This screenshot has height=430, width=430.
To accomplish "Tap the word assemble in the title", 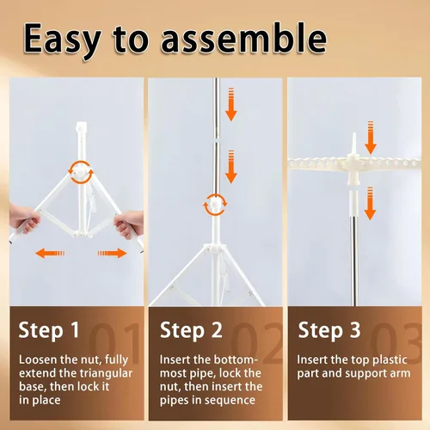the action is [244, 39].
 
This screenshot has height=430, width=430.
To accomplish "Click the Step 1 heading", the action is [49, 330].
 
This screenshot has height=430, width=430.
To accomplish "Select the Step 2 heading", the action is [191, 330].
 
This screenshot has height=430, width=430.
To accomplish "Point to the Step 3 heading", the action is [329, 330].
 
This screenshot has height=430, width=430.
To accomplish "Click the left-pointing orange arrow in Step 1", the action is [50, 254].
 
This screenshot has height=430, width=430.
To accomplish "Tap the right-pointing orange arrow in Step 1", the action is [112, 254].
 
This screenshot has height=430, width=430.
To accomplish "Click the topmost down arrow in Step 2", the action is [231, 105].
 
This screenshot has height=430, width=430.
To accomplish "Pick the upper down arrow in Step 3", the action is [371, 138].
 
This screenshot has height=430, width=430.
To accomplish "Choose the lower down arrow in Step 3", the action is [370, 204].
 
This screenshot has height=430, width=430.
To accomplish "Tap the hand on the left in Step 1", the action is [24, 218].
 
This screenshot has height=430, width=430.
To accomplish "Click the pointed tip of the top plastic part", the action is [354, 133].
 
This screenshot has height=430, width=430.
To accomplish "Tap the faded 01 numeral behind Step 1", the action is [114, 343].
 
